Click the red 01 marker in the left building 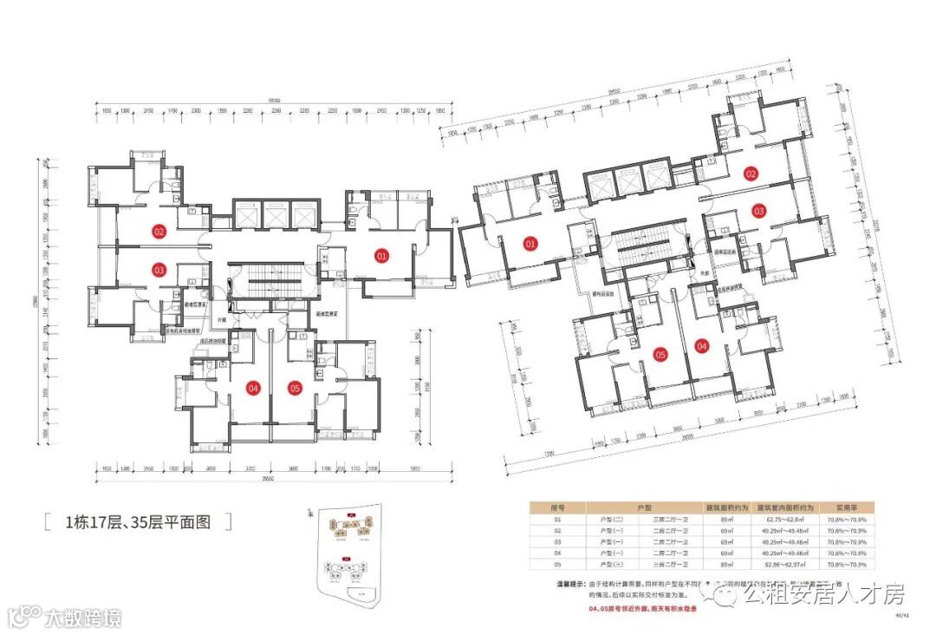point(380,255)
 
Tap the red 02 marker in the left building point(159,232)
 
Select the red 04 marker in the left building point(254,388)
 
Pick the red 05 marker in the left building point(295,388)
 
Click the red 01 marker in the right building point(530,245)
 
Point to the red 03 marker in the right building point(758,211)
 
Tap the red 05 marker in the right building point(660,355)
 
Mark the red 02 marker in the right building point(751,174)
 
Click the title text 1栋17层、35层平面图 point(138,522)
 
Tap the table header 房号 point(558,507)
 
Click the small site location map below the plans point(348,555)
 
